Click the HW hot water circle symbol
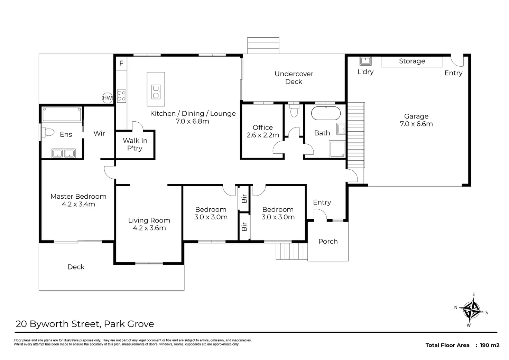click(x=107, y=98)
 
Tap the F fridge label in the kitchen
click(x=121, y=63)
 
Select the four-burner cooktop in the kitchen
click(x=122, y=96)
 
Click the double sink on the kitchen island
click(x=156, y=92)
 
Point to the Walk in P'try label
click(x=135, y=144)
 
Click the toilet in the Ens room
click(x=48, y=132)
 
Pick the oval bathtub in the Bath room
click(x=326, y=113)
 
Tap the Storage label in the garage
click(x=412, y=61)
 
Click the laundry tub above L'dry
click(x=365, y=61)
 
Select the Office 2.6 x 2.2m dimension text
click(x=263, y=135)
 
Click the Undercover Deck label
click(x=294, y=78)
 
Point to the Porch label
click(x=328, y=241)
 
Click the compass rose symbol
click(x=472, y=310)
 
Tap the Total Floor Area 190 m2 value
click(x=490, y=345)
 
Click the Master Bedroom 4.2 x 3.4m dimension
click(x=78, y=204)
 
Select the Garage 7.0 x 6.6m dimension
click(x=416, y=124)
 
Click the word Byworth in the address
click(x=49, y=324)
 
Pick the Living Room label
click(x=149, y=220)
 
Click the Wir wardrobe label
click(x=99, y=133)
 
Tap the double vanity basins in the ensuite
click(x=63, y=153)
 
